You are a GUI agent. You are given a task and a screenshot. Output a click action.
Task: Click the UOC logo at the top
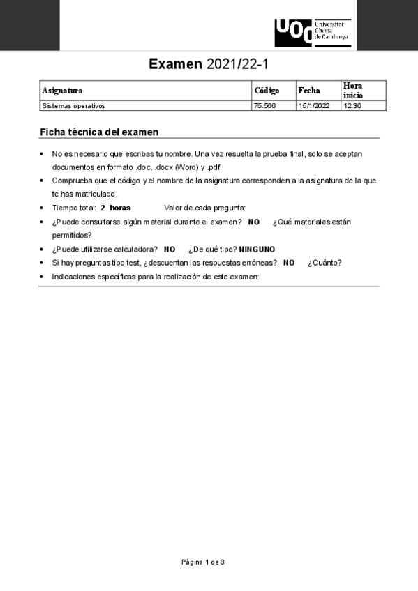[x=313, y=32]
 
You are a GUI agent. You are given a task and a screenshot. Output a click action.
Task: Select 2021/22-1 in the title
[x=237, y=65]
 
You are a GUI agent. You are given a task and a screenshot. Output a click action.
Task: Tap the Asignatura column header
[x=62, y=91]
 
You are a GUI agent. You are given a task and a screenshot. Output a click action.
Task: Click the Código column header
[x=267, y=91]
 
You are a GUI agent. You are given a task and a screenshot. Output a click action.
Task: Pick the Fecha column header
[x=309, y=91]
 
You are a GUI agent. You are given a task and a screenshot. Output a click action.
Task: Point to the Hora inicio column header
[x=352, y=90]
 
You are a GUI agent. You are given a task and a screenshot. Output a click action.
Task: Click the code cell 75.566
[x=265, y=106]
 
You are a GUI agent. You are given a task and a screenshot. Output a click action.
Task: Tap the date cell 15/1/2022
[x=313, y=106]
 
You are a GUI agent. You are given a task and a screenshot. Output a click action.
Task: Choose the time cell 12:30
[x=352, y=106]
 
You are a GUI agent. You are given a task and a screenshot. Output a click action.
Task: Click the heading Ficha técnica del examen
[x=99, y=132]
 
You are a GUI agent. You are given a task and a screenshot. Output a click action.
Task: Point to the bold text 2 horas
[x=116, y=208]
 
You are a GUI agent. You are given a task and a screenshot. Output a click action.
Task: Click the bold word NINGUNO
[x=257, y=250]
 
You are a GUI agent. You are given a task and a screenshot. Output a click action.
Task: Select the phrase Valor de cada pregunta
[x=204, y=208]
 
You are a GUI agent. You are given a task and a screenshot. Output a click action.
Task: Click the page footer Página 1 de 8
[x=203, y=561]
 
